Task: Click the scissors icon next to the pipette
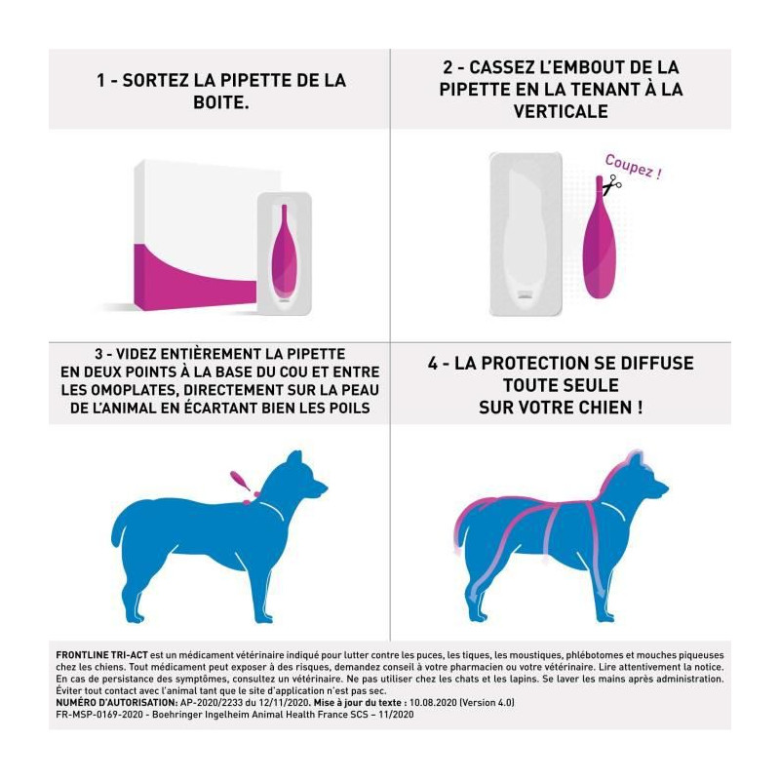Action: click(x=611, y=184)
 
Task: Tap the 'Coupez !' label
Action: click(x=634, y=167)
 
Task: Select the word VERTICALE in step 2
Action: click(x=561, y=111)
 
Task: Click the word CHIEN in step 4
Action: click(x=593, y=408)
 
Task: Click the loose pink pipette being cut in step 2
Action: click(x=600, y=237)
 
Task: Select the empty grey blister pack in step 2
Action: click(x=526, y=234)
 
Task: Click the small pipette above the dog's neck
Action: click(x=240, y=481)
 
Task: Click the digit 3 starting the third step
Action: click(x=99, y=354)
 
